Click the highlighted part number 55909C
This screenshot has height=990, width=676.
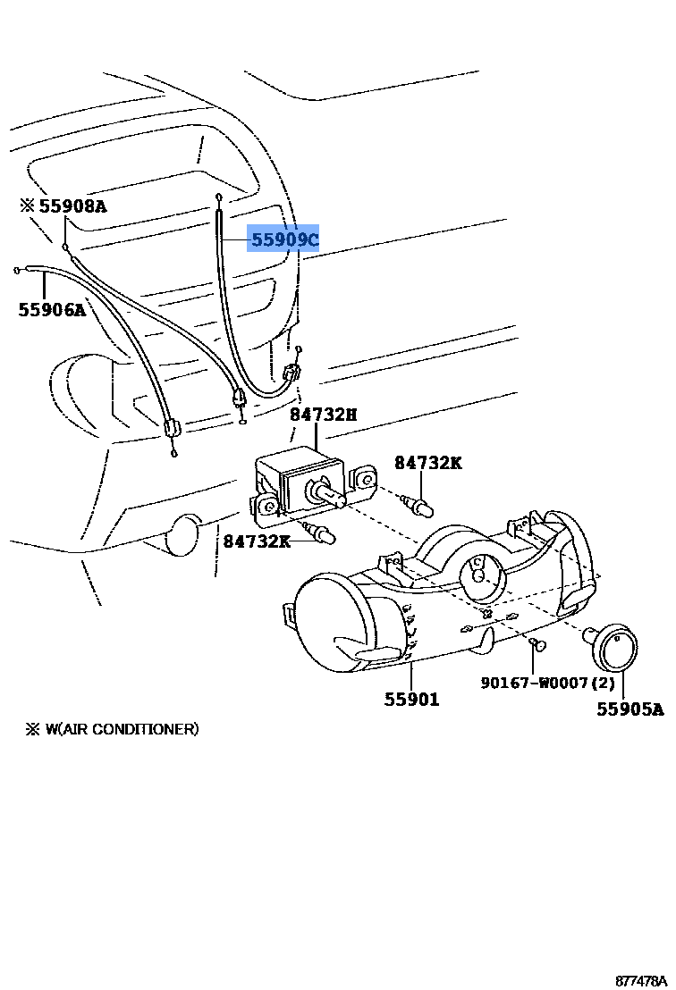(x=283, y=240)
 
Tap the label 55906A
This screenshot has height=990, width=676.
(x=52, y=310)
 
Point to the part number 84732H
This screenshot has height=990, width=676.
(x=322, y=414)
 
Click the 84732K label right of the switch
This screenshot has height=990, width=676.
(x=428, y=463)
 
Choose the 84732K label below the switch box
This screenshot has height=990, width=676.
(x=257, y=541)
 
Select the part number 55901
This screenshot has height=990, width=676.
(x=412, y=700)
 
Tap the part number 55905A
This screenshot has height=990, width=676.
(x=630, y=709)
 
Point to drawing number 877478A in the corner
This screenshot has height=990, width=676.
(x=640, y=980)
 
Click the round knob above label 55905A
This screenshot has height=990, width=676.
(x=615, y=648)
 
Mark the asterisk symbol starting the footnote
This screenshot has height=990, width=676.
(x=32, y=729)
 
